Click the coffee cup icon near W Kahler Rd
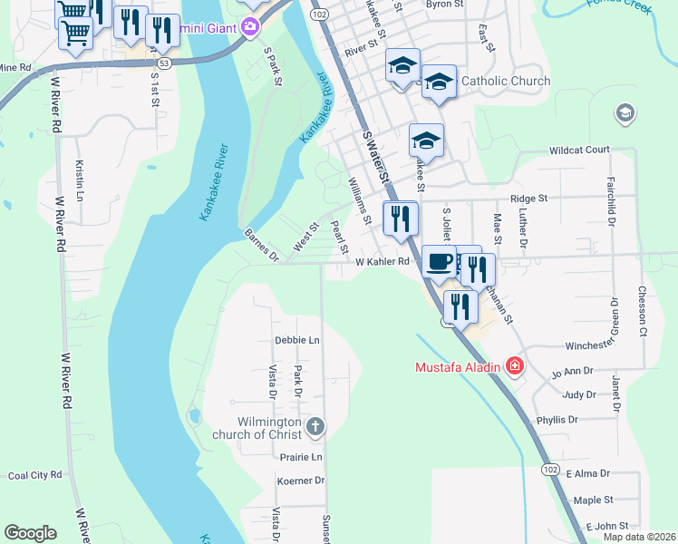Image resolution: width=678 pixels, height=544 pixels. click(439, 261)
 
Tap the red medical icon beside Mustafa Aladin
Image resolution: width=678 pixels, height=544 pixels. click(515, 367)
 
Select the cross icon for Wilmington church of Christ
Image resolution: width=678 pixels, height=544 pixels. click(315, 426)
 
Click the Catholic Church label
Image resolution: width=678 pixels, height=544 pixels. click(505, 81)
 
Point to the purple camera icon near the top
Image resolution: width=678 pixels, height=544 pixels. click(251, 28)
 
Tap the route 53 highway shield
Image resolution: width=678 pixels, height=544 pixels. click(163, 63)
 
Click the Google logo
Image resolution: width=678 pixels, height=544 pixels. click(30, 533)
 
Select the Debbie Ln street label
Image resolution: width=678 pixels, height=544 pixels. click(297, 341)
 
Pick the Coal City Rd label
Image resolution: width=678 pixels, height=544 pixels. click(34, 474)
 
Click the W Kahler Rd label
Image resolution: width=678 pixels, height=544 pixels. click(383, 262)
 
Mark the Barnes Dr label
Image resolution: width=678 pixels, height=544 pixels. click(261, 247)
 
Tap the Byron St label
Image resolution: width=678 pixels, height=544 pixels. click(444, 5)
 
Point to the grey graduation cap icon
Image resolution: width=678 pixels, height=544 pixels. click(624, 113)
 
